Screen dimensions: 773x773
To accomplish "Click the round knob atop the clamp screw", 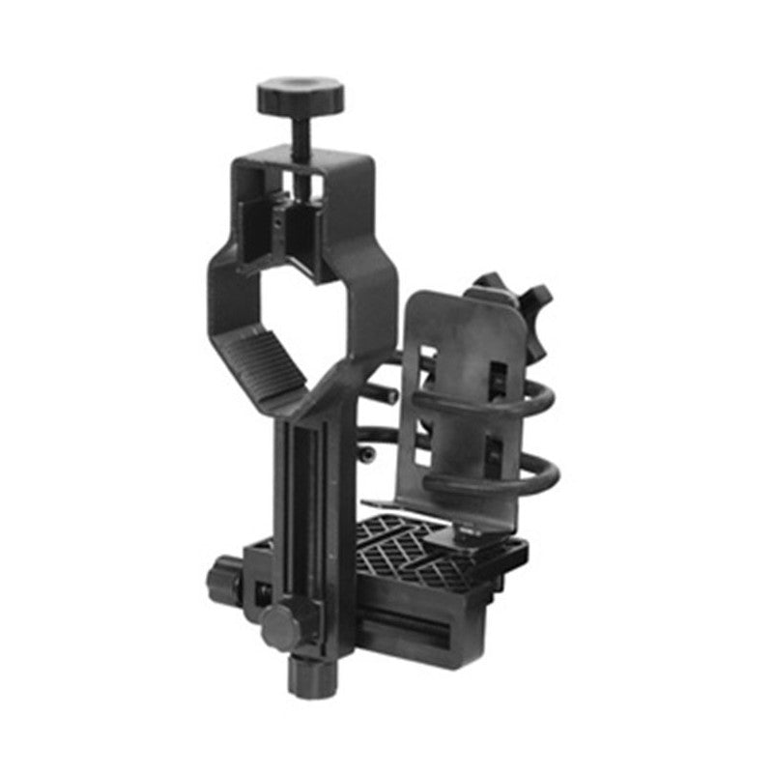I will (301, 95).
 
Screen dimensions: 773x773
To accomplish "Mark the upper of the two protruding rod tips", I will (388, 393).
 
